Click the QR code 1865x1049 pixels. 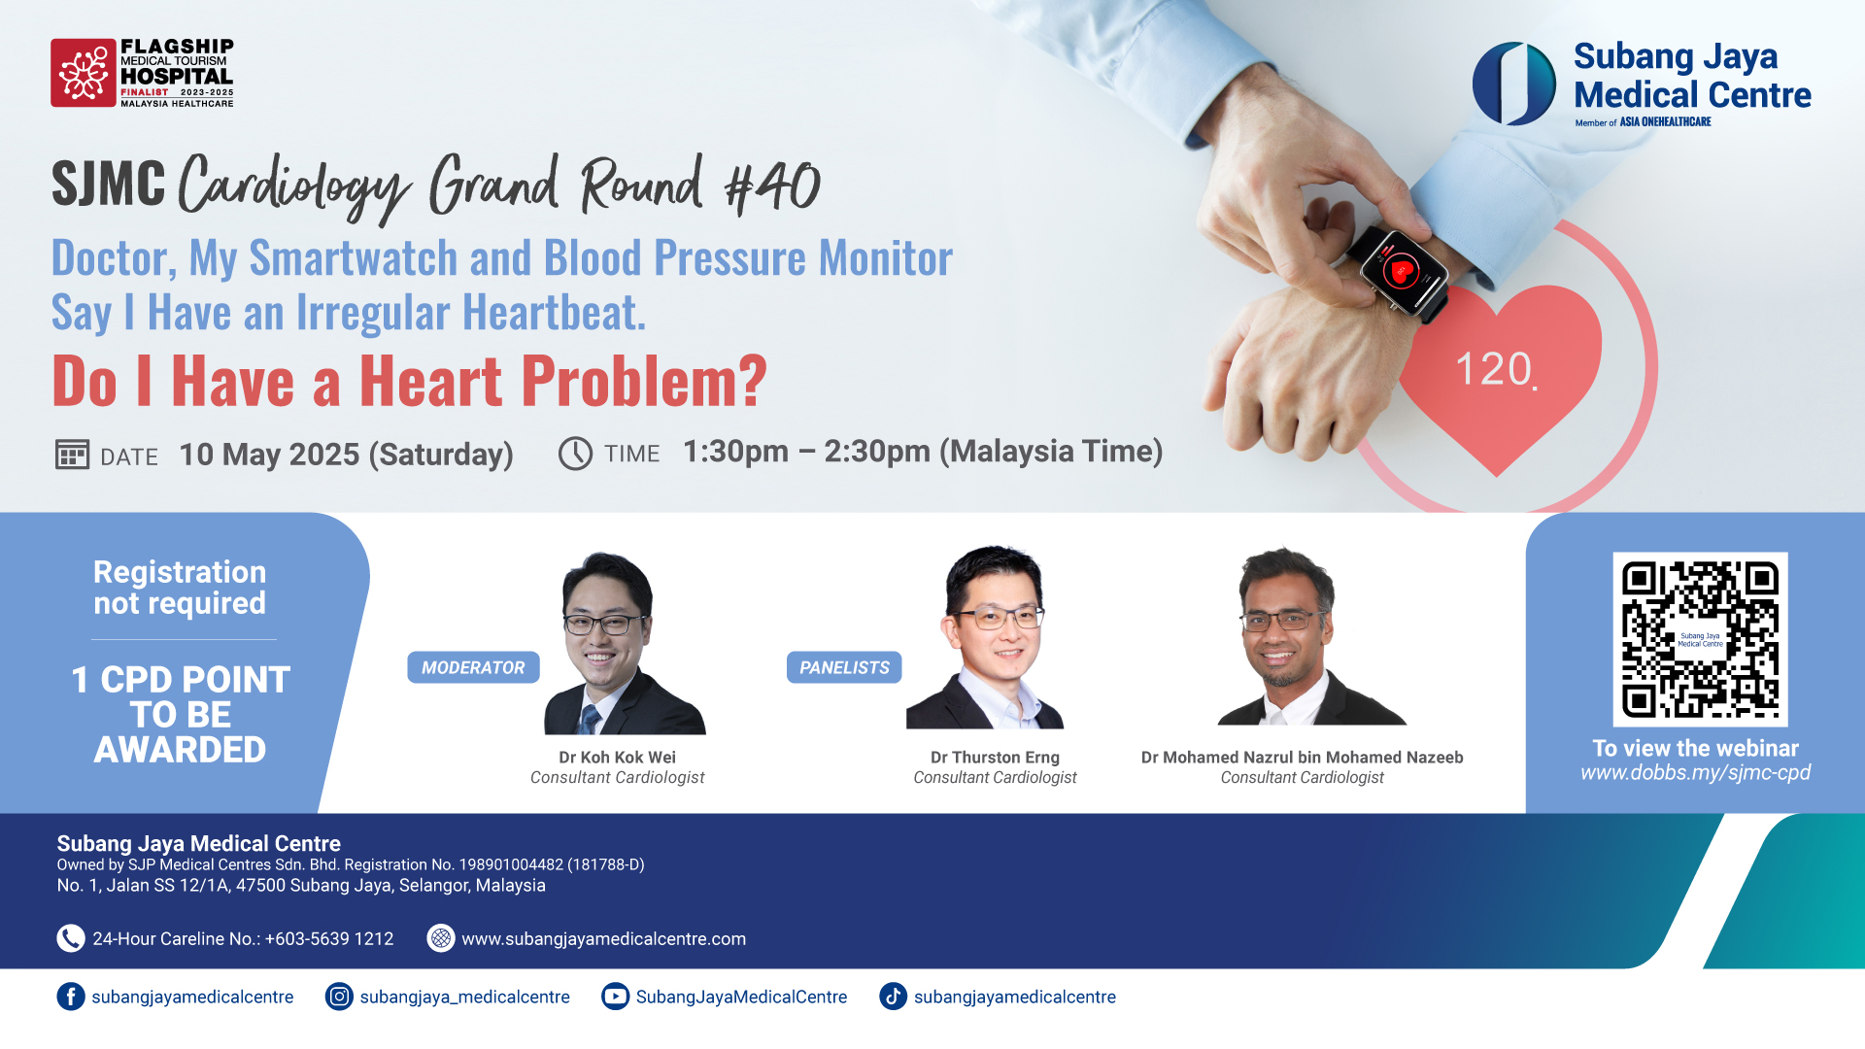click(x=1700, y=639)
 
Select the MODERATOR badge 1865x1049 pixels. click(x=473, y=667)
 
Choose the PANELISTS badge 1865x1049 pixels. click(x=844, y=667)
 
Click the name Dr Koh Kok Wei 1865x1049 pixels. click(x=617, y=758)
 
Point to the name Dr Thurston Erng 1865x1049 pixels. click(x=995, y=758)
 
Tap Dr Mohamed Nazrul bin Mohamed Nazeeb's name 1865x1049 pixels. click(x=1302, y=758)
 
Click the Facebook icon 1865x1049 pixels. click(x=71, y=997)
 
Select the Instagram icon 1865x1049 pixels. click(x=339, y=997)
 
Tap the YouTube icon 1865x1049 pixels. click(x=615, y=997)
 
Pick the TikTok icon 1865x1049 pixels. click(x=894, y=997)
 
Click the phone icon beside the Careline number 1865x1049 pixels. click(x=71, y=938)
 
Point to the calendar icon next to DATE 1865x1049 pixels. click(x=73, y=455)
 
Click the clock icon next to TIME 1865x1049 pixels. click(x=575, y=454)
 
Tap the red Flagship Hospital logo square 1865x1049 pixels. click(x=84, y=73)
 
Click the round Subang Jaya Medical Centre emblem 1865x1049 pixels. click(x=1513, y=84)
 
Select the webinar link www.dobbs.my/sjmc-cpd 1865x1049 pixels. click(x=1695, y=773)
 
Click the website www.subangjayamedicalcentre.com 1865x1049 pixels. click(x=603, y=939)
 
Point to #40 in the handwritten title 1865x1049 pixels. click(x=773, y=186)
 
